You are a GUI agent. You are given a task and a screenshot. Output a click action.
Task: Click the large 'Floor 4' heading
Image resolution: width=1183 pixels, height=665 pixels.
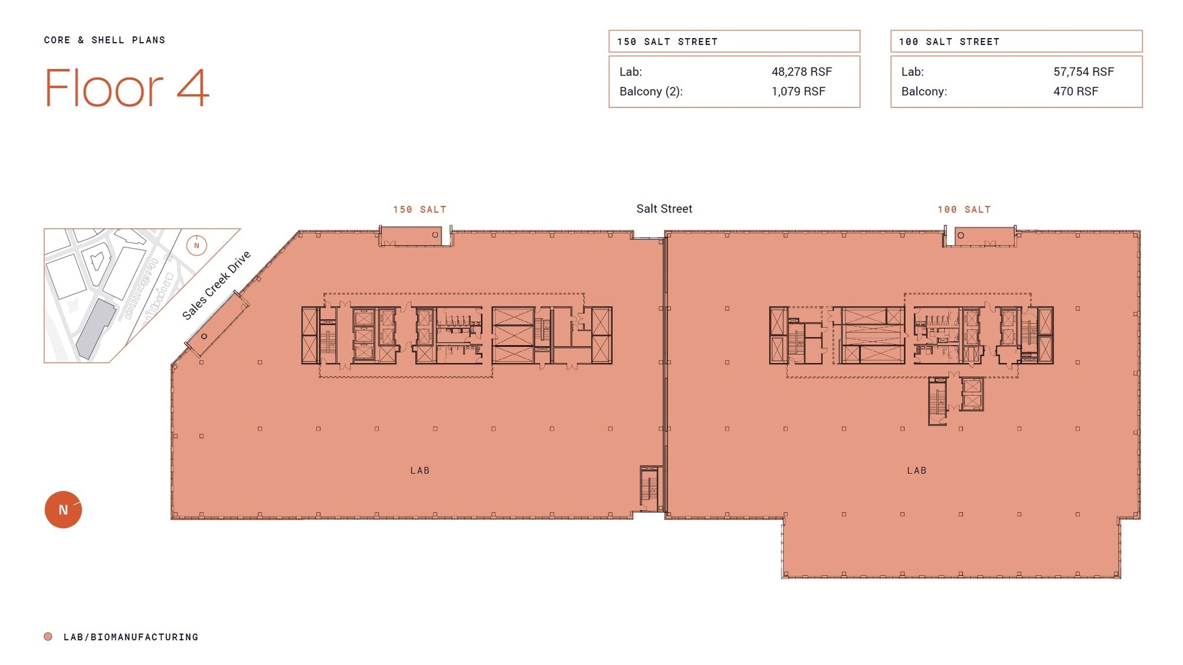click(127, 88)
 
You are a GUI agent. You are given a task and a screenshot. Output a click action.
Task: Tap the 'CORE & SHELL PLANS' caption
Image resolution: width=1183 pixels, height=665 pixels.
click(105, 40)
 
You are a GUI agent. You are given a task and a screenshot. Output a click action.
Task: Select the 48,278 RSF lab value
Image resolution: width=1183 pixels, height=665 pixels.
click(801, 72)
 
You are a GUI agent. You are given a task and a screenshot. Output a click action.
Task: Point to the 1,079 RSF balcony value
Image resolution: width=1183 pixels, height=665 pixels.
click(798, 91)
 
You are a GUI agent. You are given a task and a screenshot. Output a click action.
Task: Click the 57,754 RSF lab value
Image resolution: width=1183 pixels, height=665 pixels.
click(1083, 72)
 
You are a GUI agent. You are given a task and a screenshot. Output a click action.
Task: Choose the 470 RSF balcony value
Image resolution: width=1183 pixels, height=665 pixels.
click(1075, 91)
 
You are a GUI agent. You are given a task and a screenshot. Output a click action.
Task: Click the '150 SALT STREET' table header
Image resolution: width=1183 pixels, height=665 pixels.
click(667, 42)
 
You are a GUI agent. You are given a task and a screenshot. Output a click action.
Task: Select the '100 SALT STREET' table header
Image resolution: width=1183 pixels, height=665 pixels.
click(948, 42)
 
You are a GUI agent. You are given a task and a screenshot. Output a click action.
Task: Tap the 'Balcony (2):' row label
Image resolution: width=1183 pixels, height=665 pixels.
click(650, 91)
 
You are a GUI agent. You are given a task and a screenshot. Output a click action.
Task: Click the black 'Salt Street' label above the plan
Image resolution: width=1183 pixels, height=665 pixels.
click(664, 208)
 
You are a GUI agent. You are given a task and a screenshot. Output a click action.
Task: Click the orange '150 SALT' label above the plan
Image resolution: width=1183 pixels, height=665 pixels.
click(419, 210)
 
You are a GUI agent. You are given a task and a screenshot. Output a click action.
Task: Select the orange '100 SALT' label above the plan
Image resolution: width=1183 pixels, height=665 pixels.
click(963, 210)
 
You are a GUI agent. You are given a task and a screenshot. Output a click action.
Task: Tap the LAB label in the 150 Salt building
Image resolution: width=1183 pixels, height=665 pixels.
click(420, 470)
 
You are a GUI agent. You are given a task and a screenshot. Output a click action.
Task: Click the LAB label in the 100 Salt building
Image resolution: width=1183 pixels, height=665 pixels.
click(916, 470)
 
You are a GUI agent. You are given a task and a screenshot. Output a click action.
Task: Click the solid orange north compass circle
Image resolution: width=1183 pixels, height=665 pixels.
click(63, 510)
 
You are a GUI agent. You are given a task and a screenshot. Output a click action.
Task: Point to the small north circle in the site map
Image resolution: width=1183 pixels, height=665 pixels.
click(196, 245)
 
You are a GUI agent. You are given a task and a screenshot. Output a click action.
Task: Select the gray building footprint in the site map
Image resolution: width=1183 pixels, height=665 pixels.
click(95, 329)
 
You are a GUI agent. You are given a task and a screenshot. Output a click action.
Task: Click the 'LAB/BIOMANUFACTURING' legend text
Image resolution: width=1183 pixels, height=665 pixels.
click(131, 637)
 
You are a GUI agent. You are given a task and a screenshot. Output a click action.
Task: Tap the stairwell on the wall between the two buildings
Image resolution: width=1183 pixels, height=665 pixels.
click(650, 488)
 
